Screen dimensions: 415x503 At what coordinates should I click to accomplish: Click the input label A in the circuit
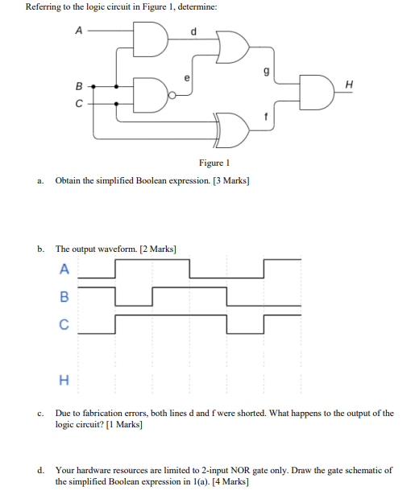78,31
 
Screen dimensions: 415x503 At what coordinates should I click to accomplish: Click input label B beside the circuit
78,85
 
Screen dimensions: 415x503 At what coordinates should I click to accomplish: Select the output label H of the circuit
348,84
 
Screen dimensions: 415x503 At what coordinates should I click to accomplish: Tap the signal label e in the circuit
188,79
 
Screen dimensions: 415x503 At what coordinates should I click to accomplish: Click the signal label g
256,71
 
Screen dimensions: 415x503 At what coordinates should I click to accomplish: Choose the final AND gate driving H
315,89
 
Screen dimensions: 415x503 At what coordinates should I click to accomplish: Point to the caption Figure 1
206,162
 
